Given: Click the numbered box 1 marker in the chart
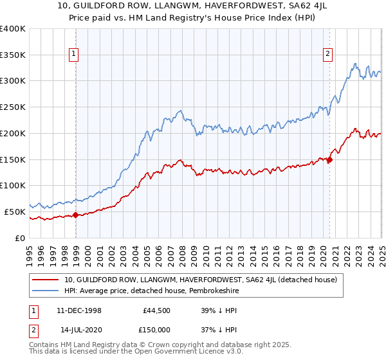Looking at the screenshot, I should (75, 54).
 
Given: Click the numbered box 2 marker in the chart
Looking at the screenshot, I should (328, 54).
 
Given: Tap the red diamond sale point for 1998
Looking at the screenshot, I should (75, 215).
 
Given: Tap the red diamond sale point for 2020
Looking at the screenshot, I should (329, 160).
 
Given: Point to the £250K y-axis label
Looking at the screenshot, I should (13, 107).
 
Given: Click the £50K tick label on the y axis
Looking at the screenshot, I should (15, 212).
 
